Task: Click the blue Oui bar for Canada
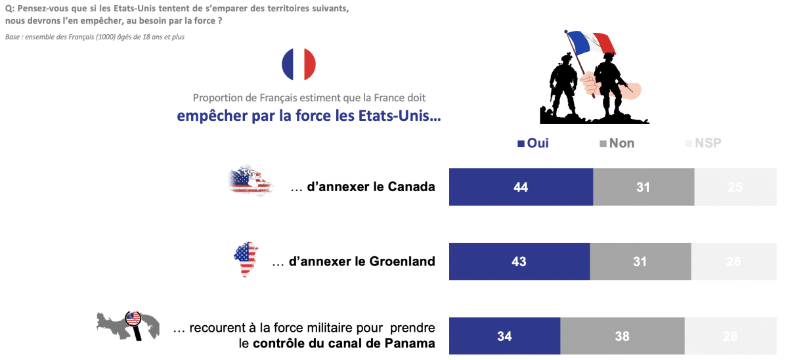click(521, 187)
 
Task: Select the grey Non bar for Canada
click(643, 187)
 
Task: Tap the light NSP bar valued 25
click(735, 187)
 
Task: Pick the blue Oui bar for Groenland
click(519, 261)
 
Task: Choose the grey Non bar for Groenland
click(640, 261)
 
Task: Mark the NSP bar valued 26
click(733, 261)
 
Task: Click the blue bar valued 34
click(504, 336)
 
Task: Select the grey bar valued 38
click(622, 336)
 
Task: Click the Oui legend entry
click(533, 143)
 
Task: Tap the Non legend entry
click(617, 143)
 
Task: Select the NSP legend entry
click(703, 143)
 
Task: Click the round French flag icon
click(299, 64)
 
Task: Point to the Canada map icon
click(250, 181)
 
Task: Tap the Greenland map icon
click(246, 259)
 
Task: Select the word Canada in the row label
click(412, 187)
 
